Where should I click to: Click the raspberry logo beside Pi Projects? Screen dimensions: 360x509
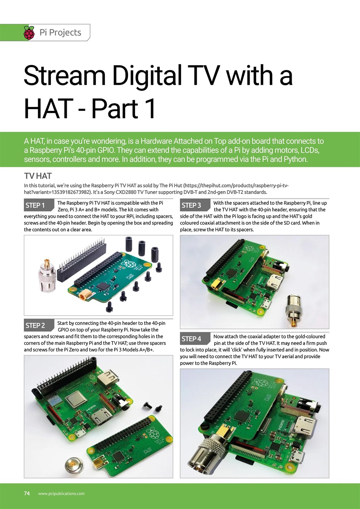coord(29,33)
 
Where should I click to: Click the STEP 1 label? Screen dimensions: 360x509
coord(35,206)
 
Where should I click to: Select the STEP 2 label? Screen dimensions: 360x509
coord(35,326)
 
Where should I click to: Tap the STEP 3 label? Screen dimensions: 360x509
coord(191,206)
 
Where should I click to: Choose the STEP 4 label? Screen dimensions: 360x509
coord(191,339)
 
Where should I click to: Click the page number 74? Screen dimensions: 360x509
coord(27,493)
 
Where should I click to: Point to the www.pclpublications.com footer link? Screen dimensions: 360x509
coord(61,493)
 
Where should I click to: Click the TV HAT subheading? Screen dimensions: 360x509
coord(38,176)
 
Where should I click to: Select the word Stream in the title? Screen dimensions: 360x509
coord(64,76)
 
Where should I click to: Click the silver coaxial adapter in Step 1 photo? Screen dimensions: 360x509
coord(47,276)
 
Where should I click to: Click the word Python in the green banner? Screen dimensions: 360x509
coord(296,159)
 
